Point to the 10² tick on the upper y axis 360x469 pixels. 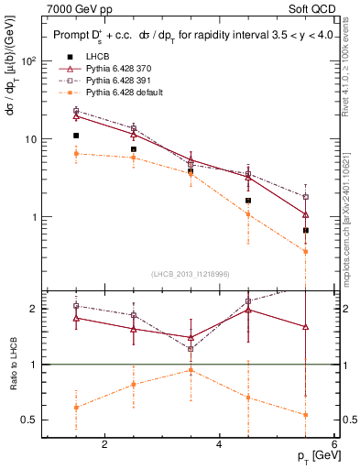(29, 61)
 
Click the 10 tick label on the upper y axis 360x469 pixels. (30, 139)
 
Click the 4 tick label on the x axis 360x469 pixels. (219, 445)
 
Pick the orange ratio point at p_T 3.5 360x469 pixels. (191, 370)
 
